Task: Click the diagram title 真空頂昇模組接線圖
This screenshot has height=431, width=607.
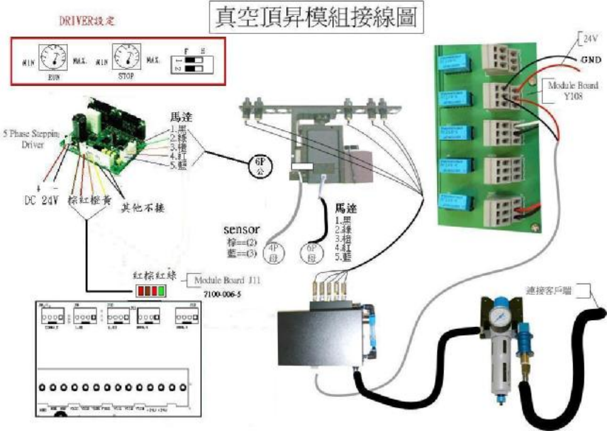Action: point(316,17)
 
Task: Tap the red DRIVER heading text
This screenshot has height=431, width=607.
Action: point(87,21)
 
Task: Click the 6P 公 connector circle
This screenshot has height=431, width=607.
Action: point(259,166)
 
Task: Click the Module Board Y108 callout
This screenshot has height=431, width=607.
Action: point(572,89)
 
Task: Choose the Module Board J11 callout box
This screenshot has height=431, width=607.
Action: point(218,280)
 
